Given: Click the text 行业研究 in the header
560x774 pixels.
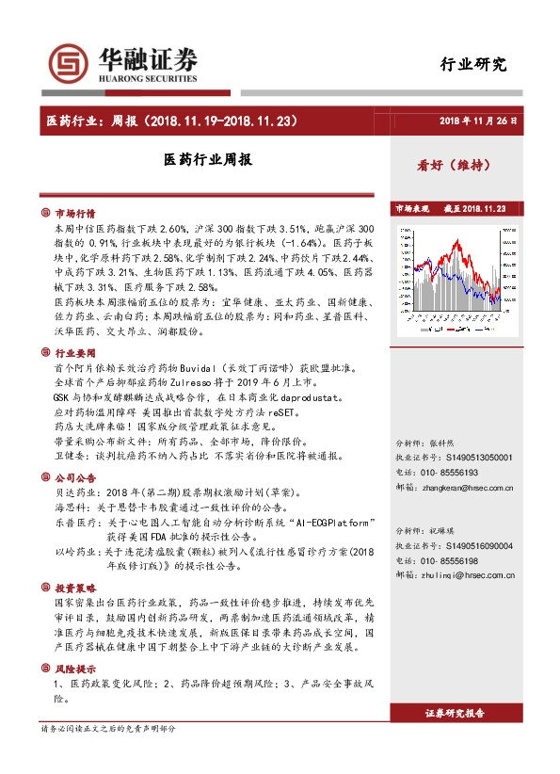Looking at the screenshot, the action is tap(473, 65).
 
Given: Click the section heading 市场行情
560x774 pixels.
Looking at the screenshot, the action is tap(74, 213).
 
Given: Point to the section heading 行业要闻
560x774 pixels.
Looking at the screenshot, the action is tap(74, 350).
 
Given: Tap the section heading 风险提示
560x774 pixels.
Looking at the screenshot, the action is tap(74, 668).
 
